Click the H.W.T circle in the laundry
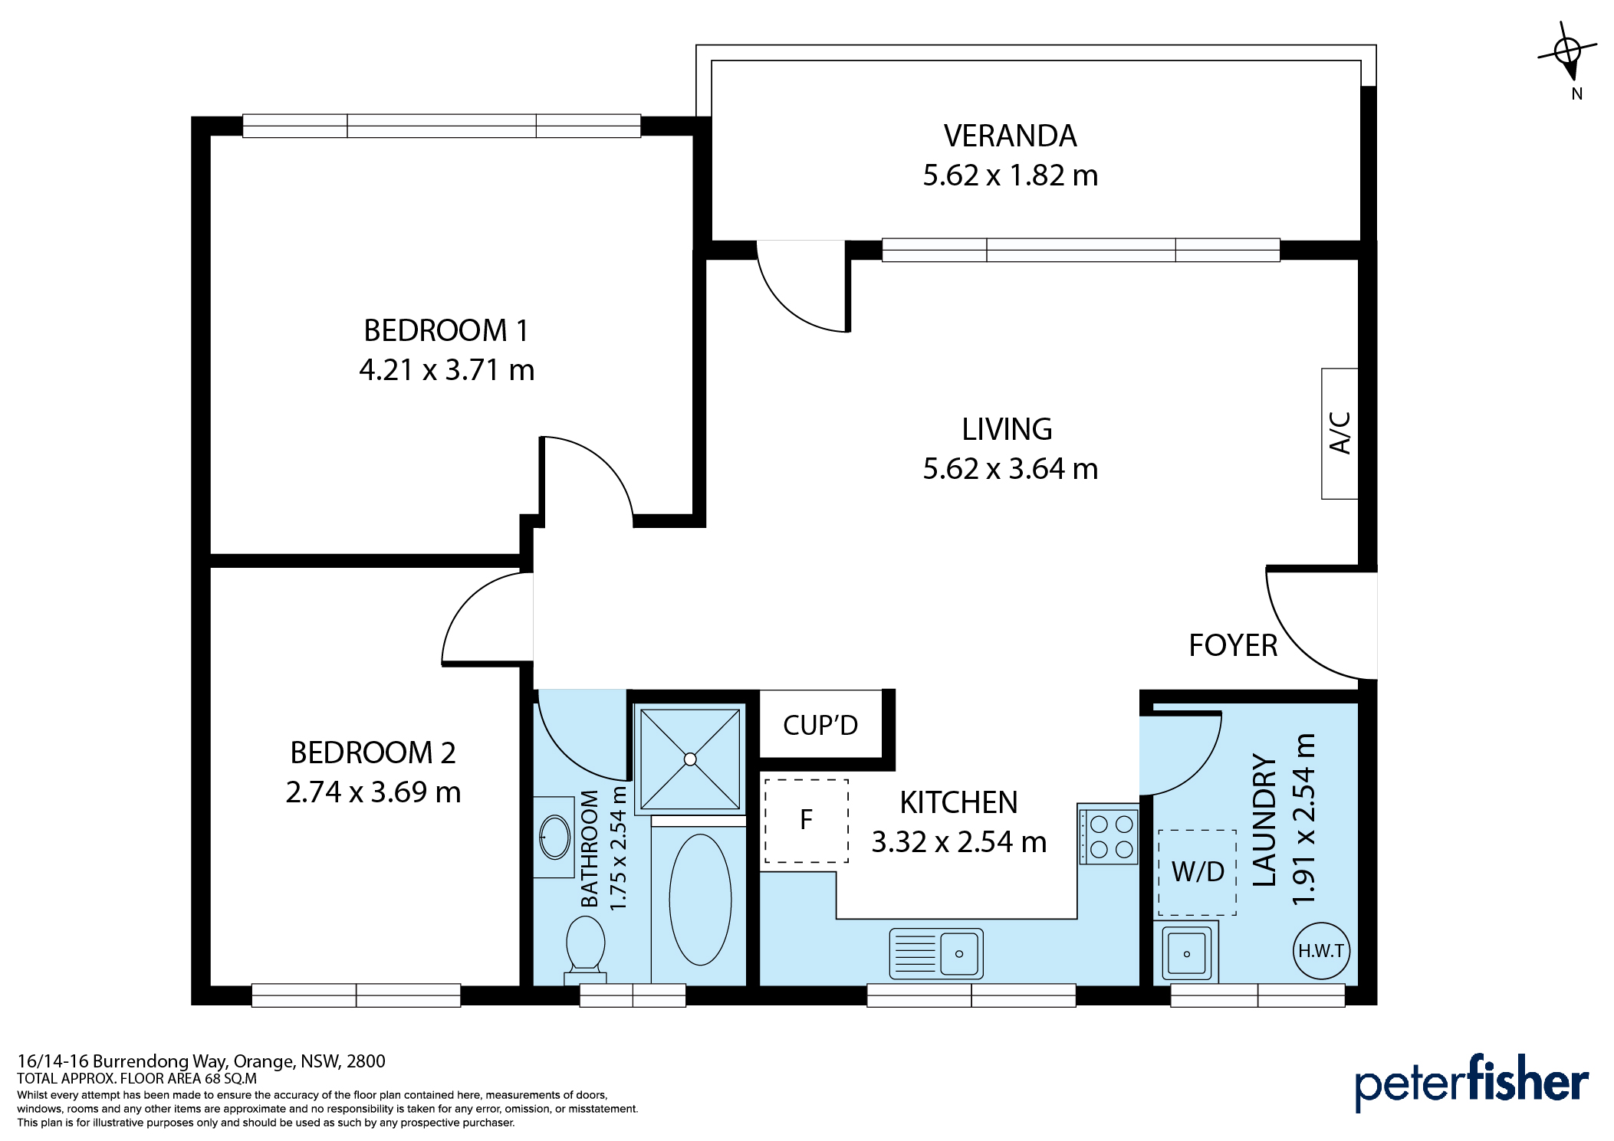[1321, 951]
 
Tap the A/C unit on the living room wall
[1340, 434]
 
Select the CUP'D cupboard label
[820, 725]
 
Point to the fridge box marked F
[807, 821]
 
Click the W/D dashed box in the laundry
[1197, 872]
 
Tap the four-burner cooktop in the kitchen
[1109, 835]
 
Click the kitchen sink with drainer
[936, 954]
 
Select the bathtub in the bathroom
[700, 900]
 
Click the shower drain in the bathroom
[690, 759]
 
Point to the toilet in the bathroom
[586, 949]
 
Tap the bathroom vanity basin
[554, 837]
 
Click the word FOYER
[1233, 646]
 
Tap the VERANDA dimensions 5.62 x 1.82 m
[1011, 175]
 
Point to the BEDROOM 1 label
[446, 331]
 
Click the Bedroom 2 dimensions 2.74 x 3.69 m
[373, 792]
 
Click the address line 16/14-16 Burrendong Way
[201, 1061]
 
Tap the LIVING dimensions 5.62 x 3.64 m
[1011, 469]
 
